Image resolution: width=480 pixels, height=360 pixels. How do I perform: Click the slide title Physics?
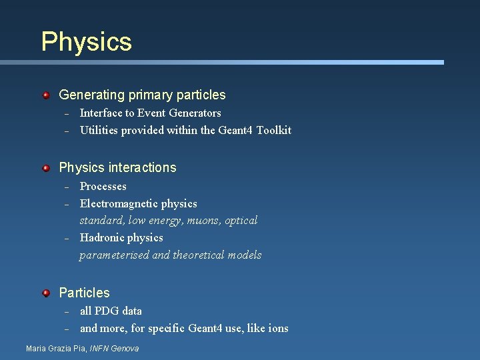click(86, 41)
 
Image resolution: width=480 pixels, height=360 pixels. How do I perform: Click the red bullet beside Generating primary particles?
click(46, 96)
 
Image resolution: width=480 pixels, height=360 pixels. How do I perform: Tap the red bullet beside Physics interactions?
click(46, 168)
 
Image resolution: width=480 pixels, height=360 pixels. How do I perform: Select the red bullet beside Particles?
click(46, 293)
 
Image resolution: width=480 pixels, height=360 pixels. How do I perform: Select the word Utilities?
click(99, 131)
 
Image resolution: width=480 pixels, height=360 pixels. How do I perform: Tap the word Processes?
click(103, 187)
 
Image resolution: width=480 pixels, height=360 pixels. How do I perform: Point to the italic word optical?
click(242, 221)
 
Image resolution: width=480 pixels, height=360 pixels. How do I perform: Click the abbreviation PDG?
click(107, 311)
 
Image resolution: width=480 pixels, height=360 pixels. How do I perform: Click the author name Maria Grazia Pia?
click(56, 349)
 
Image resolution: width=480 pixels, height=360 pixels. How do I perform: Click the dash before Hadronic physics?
click(67, 239)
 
